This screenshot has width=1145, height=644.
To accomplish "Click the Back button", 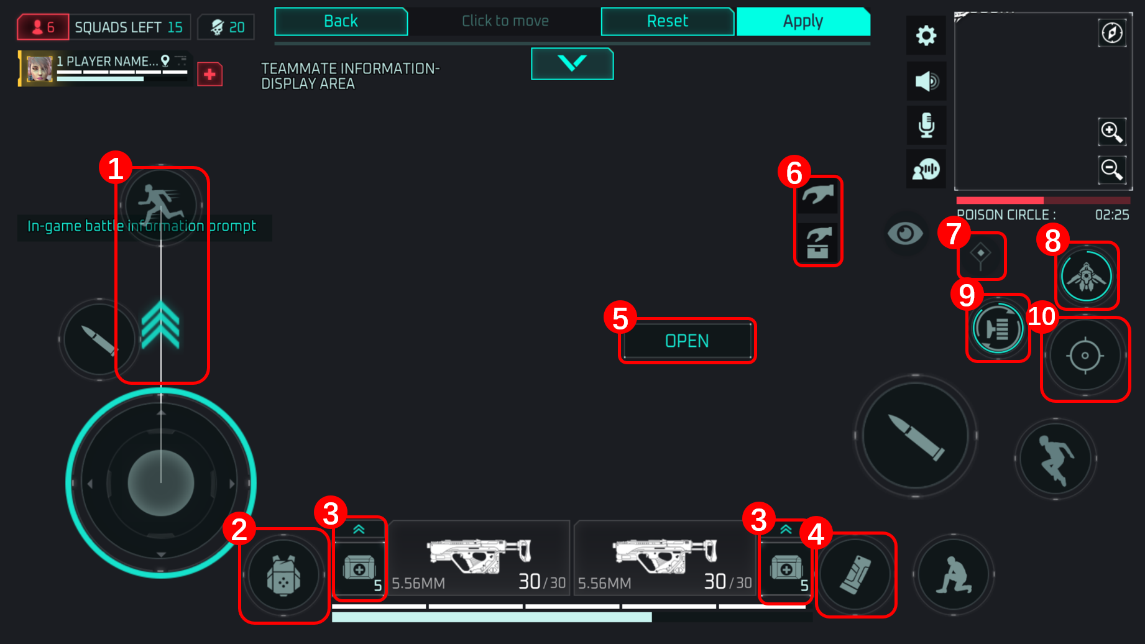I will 341,22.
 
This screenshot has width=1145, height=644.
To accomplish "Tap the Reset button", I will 667,22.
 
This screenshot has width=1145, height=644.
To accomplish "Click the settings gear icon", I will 926,35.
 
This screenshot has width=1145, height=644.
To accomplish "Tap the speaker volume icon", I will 926,81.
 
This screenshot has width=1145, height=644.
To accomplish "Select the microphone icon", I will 926,125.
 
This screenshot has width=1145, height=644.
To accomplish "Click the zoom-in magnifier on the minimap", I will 1111,131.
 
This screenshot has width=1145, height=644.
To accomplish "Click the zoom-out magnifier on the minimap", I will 1111,169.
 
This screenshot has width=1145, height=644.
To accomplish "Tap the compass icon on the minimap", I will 1112,32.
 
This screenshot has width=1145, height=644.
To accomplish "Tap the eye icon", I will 905,234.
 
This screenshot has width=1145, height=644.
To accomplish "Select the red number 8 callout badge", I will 1052,241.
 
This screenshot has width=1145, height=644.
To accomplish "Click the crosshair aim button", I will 1085,356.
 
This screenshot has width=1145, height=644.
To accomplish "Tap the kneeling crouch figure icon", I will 953,575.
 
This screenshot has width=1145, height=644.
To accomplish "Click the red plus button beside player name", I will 210,75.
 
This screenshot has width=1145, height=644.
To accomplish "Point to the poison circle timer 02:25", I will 1111,215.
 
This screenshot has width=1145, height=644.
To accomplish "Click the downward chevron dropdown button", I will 572,63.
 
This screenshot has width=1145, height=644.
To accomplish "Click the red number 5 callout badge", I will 620,318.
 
